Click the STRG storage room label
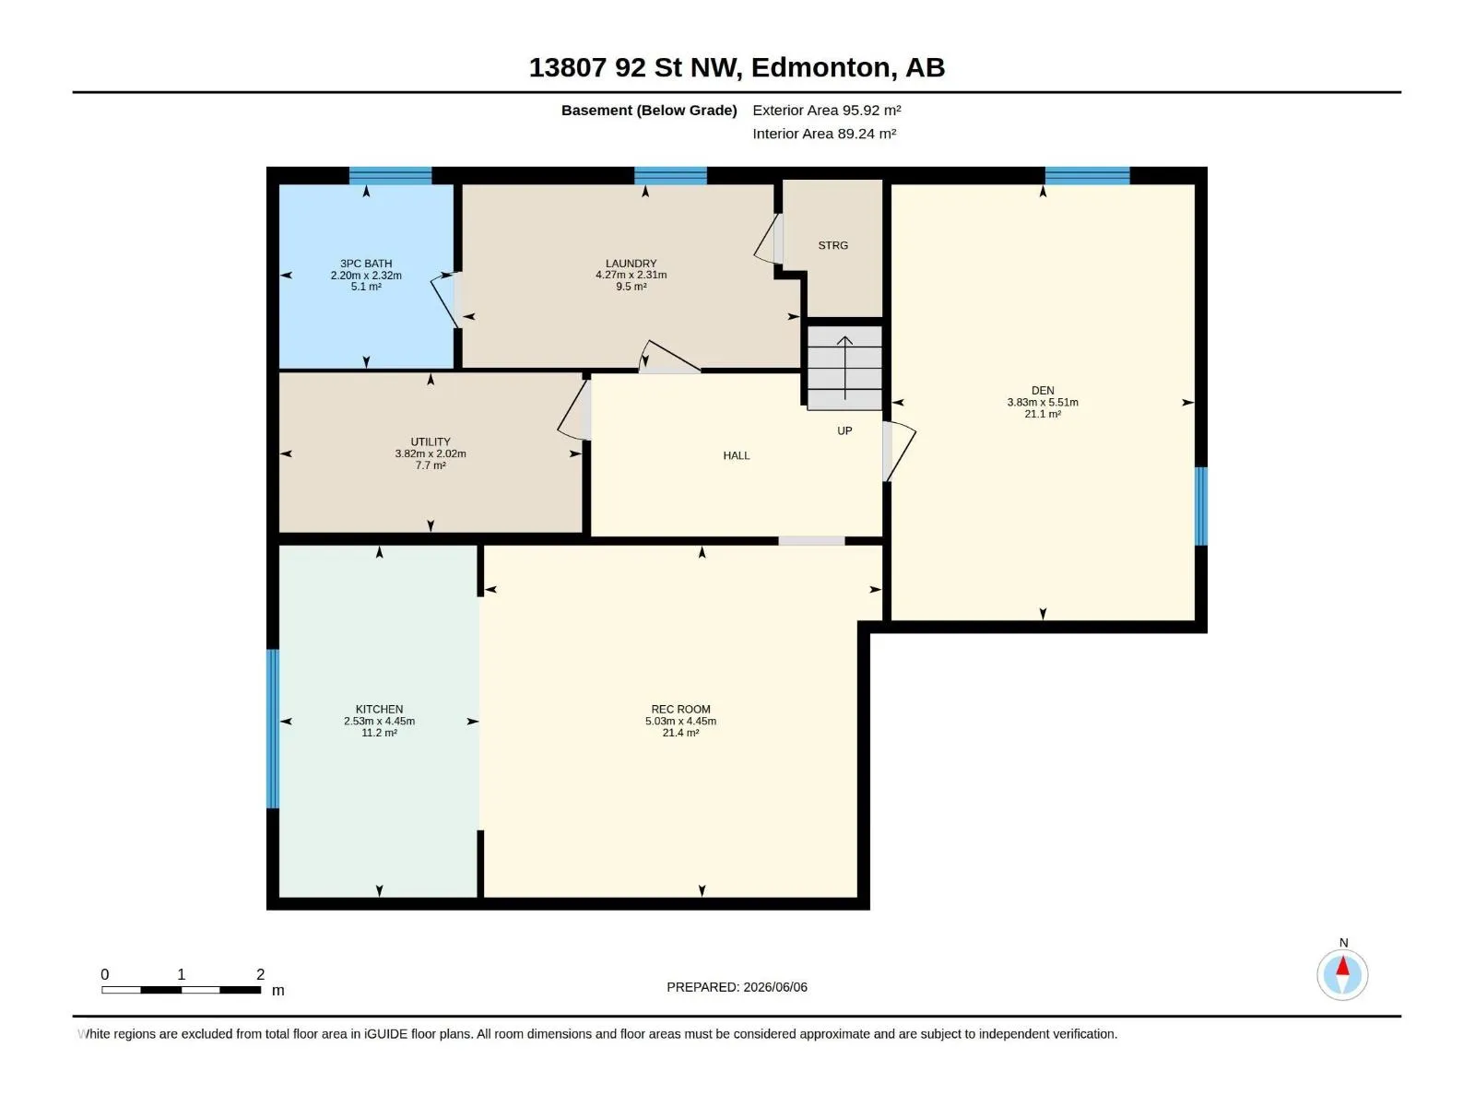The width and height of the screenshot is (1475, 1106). coord(832,246)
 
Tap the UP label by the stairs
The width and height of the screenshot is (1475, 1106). coord(844,431)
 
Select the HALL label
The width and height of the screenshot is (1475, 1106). coord(737,456)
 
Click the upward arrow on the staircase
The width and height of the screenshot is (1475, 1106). coord(844,368)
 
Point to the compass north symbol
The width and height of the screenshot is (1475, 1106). coord(1342,974)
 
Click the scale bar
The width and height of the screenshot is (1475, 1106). coord(182,990)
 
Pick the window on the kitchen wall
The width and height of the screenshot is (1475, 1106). coord(273,729)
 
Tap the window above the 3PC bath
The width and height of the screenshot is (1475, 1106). coord(391,175)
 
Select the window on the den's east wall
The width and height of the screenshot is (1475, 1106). coord(1201,506)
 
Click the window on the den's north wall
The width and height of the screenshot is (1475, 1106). coord(1087,175)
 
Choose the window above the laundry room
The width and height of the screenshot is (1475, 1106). coord(670,175)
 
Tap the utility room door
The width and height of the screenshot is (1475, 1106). coord(574,410)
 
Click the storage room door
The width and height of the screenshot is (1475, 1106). coord(768,239)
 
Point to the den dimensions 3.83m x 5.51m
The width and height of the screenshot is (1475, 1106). coord(1043,402)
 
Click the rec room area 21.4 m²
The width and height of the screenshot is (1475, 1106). coord(680,733)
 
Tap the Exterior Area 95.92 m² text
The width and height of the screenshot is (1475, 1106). coord(827,110)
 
